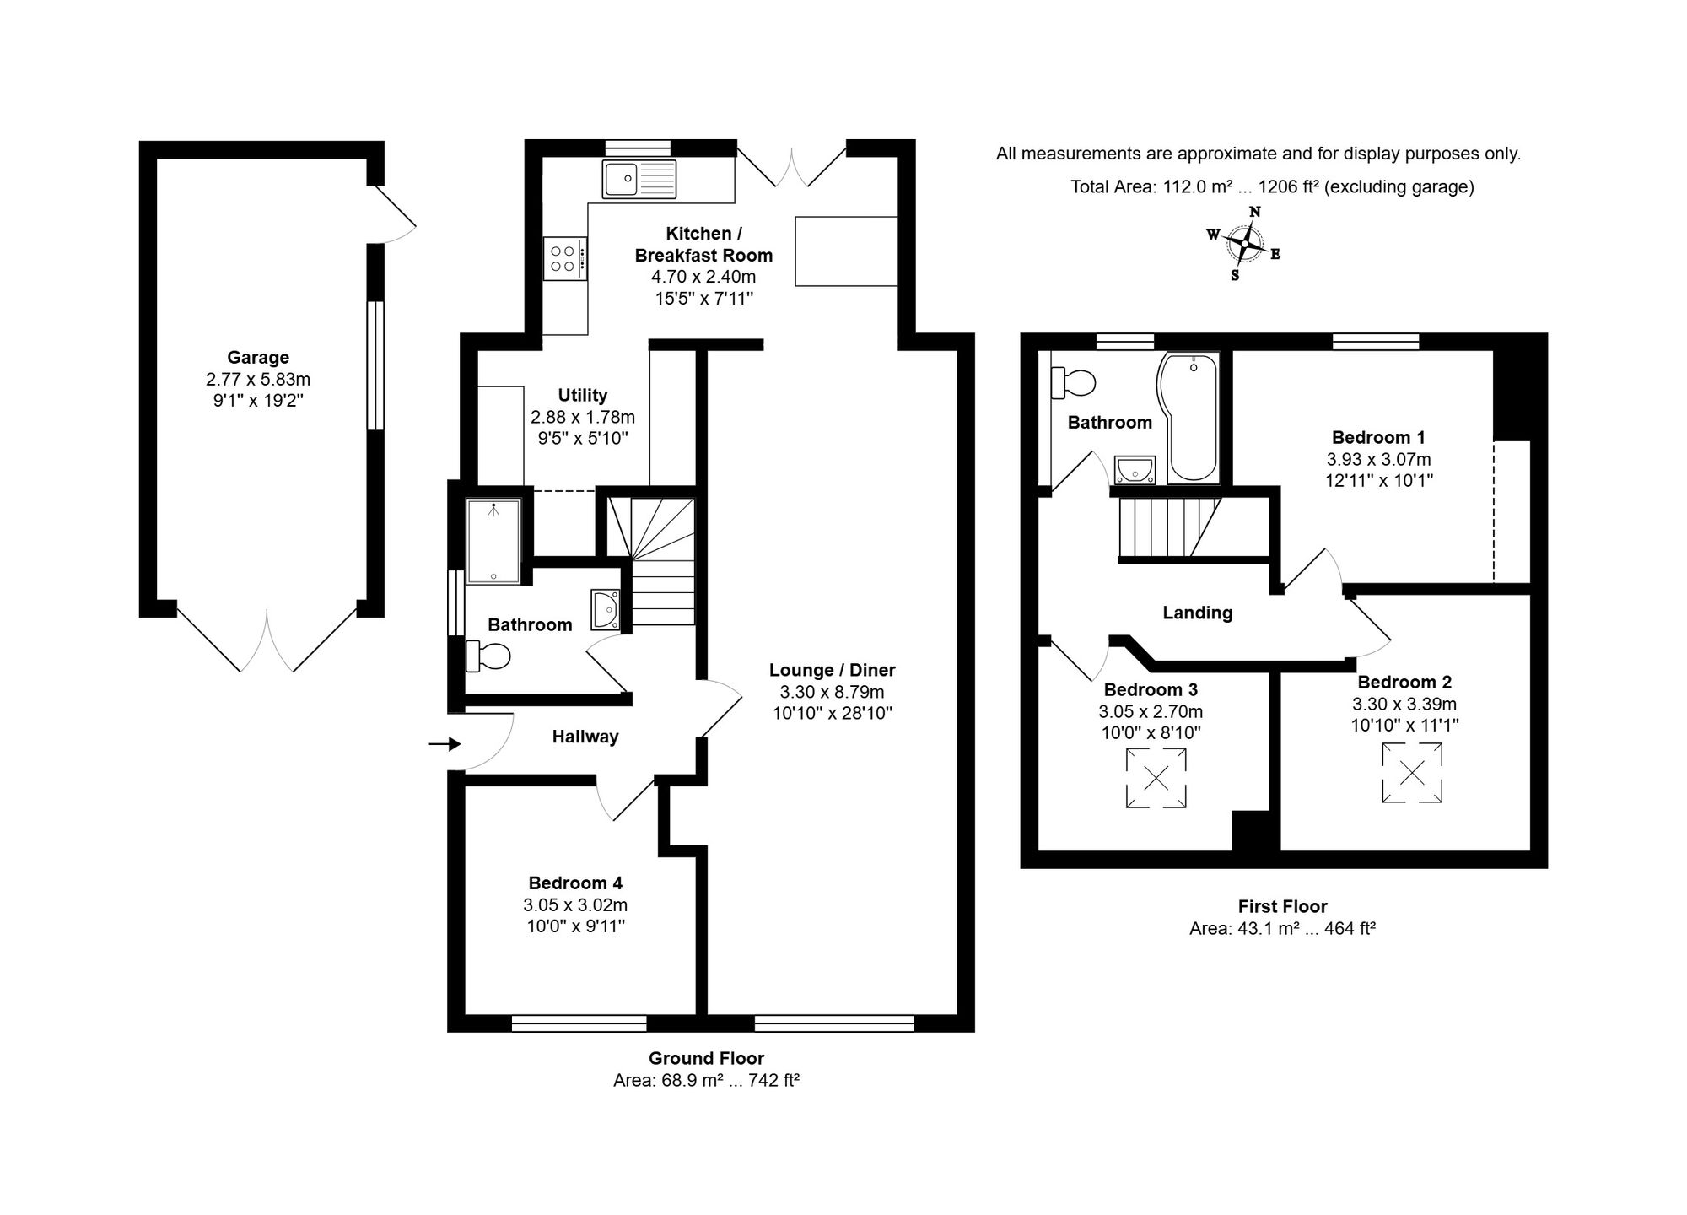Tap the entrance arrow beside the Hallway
point(445,743)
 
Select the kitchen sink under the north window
point(639,179)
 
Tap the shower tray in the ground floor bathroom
point(493,541)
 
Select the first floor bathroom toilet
point(1073,383)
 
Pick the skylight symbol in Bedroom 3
point(1156,778)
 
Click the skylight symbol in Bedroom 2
point(1412,772)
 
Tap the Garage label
point(258,357)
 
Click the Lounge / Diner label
point(832,670)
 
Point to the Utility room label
point(583,395)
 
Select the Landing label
point(1198,613)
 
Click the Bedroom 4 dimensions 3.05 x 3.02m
point(575,904)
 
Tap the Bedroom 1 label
point(1378,437)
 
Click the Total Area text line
point(1272,186)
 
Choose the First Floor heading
point(1283,906)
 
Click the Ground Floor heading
point(706,1058)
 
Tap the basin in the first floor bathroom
point(1135,470)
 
